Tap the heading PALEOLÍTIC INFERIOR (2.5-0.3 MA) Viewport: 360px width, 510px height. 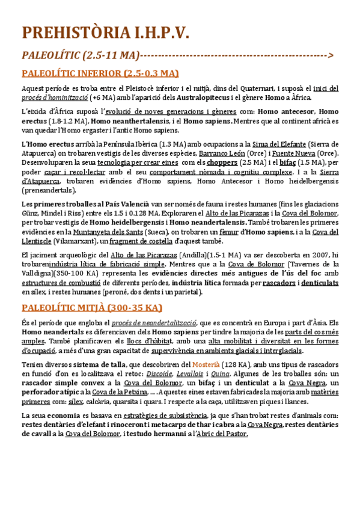[x=100, y=73]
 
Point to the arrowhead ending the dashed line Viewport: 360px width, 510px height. [x=331, y=56]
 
